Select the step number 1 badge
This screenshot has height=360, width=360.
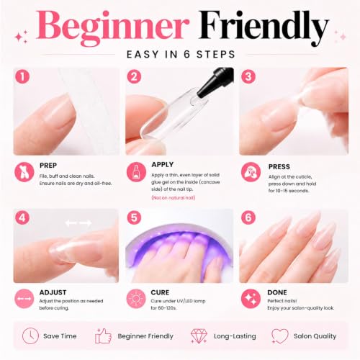pos(22,77)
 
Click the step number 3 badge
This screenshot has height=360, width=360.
pos(248,77)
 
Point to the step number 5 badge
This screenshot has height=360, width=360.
pos(134,218)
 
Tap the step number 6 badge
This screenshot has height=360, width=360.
pos(248,218)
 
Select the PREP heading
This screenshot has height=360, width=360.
pos(48,166)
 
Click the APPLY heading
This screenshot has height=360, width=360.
pos(163,165)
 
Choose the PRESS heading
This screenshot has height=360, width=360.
pos(279,167)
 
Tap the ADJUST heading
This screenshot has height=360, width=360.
pos(53,292)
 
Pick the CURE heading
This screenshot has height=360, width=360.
pos(160,292)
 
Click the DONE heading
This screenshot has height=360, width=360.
pos(277,292)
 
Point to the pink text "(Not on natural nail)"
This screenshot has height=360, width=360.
pos(174,198)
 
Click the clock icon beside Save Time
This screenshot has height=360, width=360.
pos(30,336)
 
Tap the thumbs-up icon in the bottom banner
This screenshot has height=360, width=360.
pos(103,336)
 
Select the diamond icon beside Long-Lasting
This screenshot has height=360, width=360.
pos(199,336)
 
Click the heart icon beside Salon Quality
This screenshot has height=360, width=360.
pos(280,336)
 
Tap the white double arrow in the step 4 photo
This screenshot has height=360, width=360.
pos(78,223)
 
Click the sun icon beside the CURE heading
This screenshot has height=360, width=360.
pos(136,299)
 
